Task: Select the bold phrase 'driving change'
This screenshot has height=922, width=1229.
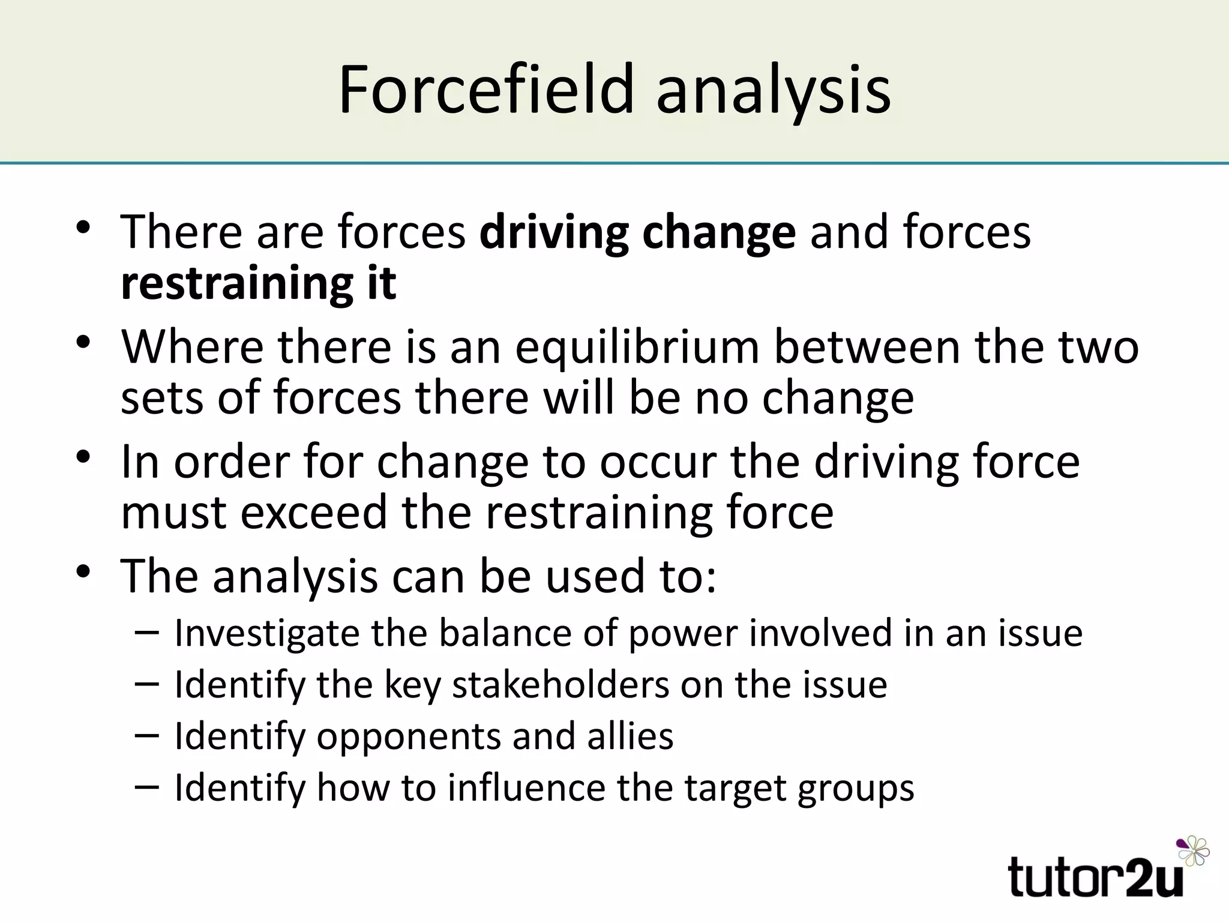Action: pyautogui.click(x=637, y=233)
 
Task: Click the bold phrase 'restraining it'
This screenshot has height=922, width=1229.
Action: pyautogui.click(x=259, y=283)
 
